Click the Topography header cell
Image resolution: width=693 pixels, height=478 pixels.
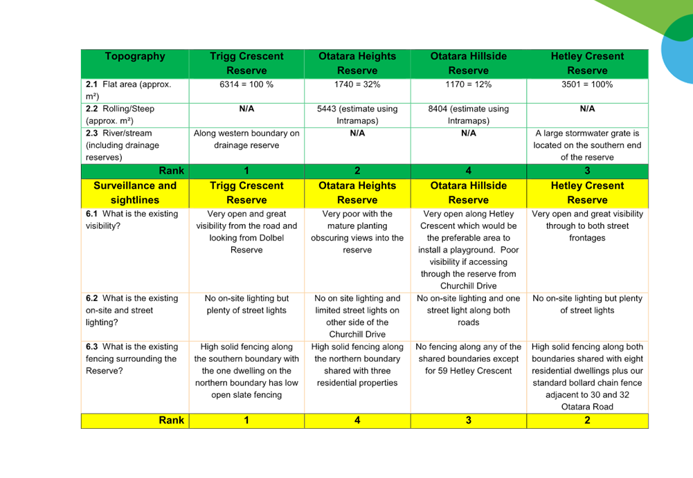(x=135, y=64)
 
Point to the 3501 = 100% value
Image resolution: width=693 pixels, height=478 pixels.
(x=587, y=84)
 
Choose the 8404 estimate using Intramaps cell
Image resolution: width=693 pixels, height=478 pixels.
(x=469, y=115)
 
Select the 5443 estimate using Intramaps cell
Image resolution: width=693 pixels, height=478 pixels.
(x=357, y=115)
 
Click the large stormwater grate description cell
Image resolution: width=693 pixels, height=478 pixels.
(x=587, y=145)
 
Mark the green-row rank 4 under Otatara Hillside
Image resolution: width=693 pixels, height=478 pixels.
(x=469, y=171)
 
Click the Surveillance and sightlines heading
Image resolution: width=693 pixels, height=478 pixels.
(x=135, y=193)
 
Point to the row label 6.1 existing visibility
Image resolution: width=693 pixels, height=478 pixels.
(x=132, y=219)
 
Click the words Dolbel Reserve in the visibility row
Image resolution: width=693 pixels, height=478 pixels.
(x=257, y=244)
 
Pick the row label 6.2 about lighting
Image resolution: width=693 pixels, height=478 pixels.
(x=132, y=310)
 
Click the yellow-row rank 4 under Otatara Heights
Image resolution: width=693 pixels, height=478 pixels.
(x=357, y=420)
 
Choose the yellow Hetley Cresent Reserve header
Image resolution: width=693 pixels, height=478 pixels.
(x=587, y=193)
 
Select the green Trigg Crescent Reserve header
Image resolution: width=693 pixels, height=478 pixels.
(x=246, y=64)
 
